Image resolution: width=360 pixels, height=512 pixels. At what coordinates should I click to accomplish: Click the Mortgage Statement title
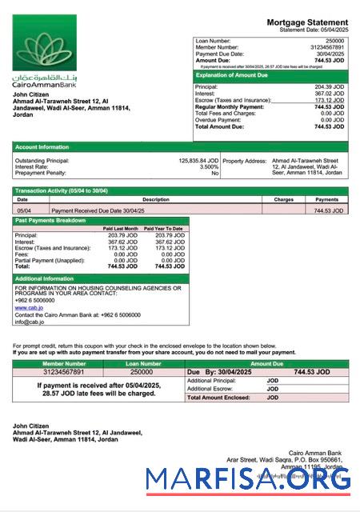pyautogui.click(x=307, y=22)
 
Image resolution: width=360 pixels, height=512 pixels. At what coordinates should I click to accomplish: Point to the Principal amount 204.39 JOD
pyautogui.click(x=329, y=86)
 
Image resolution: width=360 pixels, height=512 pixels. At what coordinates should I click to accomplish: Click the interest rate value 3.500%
pyautogui.click(x=206, y=166)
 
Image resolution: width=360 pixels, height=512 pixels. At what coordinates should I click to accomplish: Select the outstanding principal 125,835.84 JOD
pyautogui.click(x=198, y=160)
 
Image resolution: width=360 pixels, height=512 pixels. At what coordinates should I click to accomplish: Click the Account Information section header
pyautogui.click(x=42, y=147)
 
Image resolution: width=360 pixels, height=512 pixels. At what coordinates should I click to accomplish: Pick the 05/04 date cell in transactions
pyautogui.click(x=24, y=210)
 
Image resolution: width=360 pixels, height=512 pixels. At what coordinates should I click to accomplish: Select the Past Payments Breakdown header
pyautogui.click(x=50, y=220)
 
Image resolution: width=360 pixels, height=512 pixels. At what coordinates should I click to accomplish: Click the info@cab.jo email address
pyautogui.click(x=30, y=322)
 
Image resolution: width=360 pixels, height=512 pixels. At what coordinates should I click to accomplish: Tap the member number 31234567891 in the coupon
pyautogui.click(x=62, y=372)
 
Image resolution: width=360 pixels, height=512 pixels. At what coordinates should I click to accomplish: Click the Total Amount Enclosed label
pyautogui.click(x=217, y=397)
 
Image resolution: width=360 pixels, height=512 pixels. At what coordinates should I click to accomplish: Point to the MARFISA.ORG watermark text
pyautogui.click(x=248, y=479)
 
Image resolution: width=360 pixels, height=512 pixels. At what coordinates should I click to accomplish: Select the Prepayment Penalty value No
pyautogui.click(x=214, y=173)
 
